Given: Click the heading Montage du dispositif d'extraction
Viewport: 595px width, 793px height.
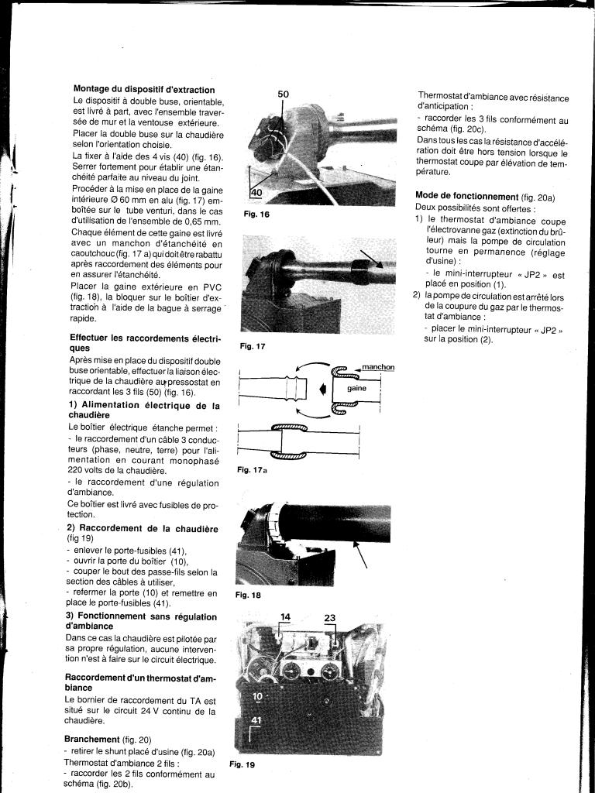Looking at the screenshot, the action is (144, 90).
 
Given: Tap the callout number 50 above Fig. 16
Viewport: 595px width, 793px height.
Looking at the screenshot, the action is (283, 94).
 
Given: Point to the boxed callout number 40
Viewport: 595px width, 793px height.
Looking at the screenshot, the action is (256, 192).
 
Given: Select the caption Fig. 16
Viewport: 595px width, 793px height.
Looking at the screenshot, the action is (256, 214).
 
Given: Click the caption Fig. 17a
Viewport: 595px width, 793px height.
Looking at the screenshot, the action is (252, 470).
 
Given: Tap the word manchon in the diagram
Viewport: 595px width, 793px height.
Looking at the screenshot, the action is (378, 367).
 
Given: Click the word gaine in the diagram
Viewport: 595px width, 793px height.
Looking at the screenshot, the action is (356, 389).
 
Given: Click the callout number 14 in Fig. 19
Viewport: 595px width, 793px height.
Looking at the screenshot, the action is (285, 617).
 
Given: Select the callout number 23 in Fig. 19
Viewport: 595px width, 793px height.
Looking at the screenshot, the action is (330, 618).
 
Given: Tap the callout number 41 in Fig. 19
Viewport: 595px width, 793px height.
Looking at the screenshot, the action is (256, 720).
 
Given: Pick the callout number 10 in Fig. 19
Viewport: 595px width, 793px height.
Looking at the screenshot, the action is (257, 696).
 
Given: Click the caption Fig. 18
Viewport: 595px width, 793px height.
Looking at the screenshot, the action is (248, 596).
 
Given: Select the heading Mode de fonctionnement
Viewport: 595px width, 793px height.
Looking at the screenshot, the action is (467, 196).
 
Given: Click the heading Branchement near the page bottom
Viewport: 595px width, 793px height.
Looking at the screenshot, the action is (92, 739).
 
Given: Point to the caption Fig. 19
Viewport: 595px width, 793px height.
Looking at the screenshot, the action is (242, 764).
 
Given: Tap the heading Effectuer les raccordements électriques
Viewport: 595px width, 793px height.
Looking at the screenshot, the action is (146, 343).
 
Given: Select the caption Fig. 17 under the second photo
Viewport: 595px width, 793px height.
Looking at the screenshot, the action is (253, 346).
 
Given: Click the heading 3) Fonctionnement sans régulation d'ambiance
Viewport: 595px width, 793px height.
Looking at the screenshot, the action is (142, 621).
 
